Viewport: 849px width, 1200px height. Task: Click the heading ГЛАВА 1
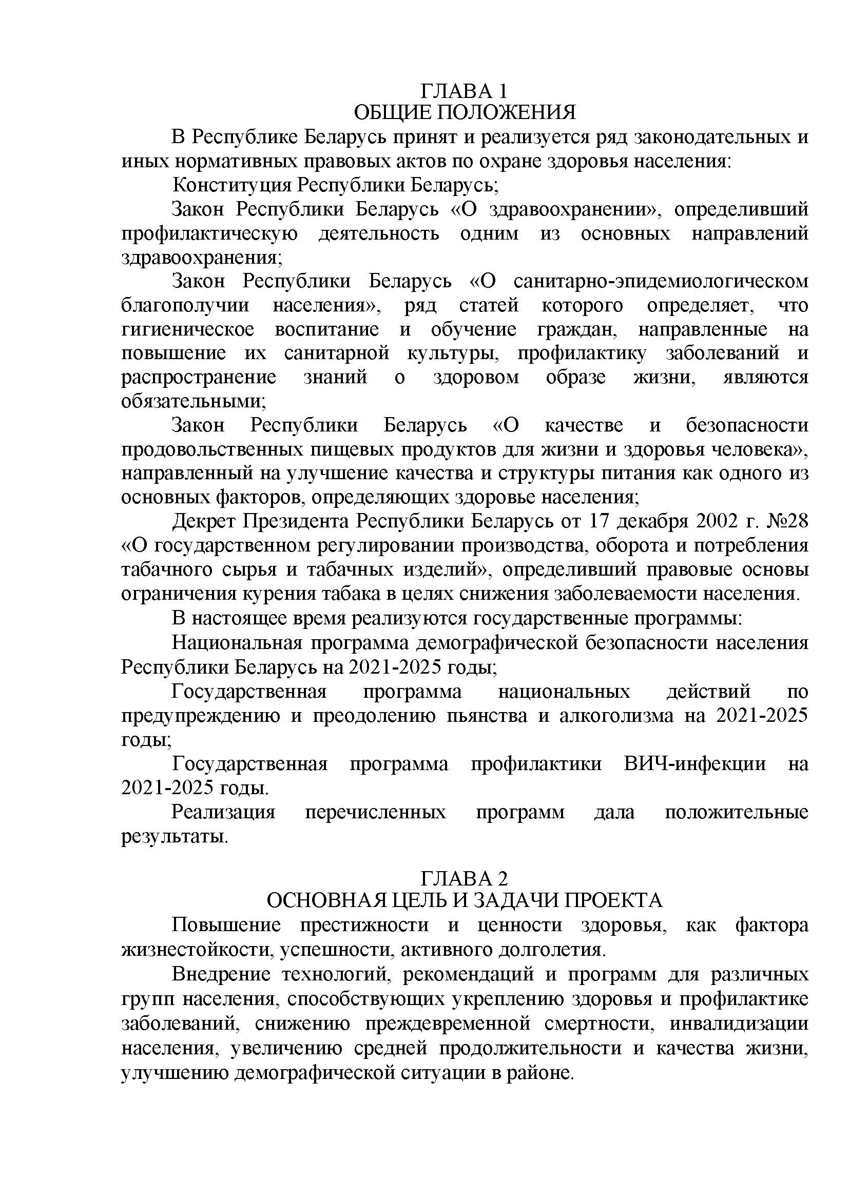(464, 91)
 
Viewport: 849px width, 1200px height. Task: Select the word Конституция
(232, 185)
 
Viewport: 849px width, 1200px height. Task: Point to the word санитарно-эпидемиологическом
(661, 281)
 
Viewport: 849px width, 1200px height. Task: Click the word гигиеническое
(188, 329)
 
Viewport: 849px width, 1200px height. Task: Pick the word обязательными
(192, 401)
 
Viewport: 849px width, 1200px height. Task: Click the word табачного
(160, 569)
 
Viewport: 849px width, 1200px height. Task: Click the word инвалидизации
(739, 1022)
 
